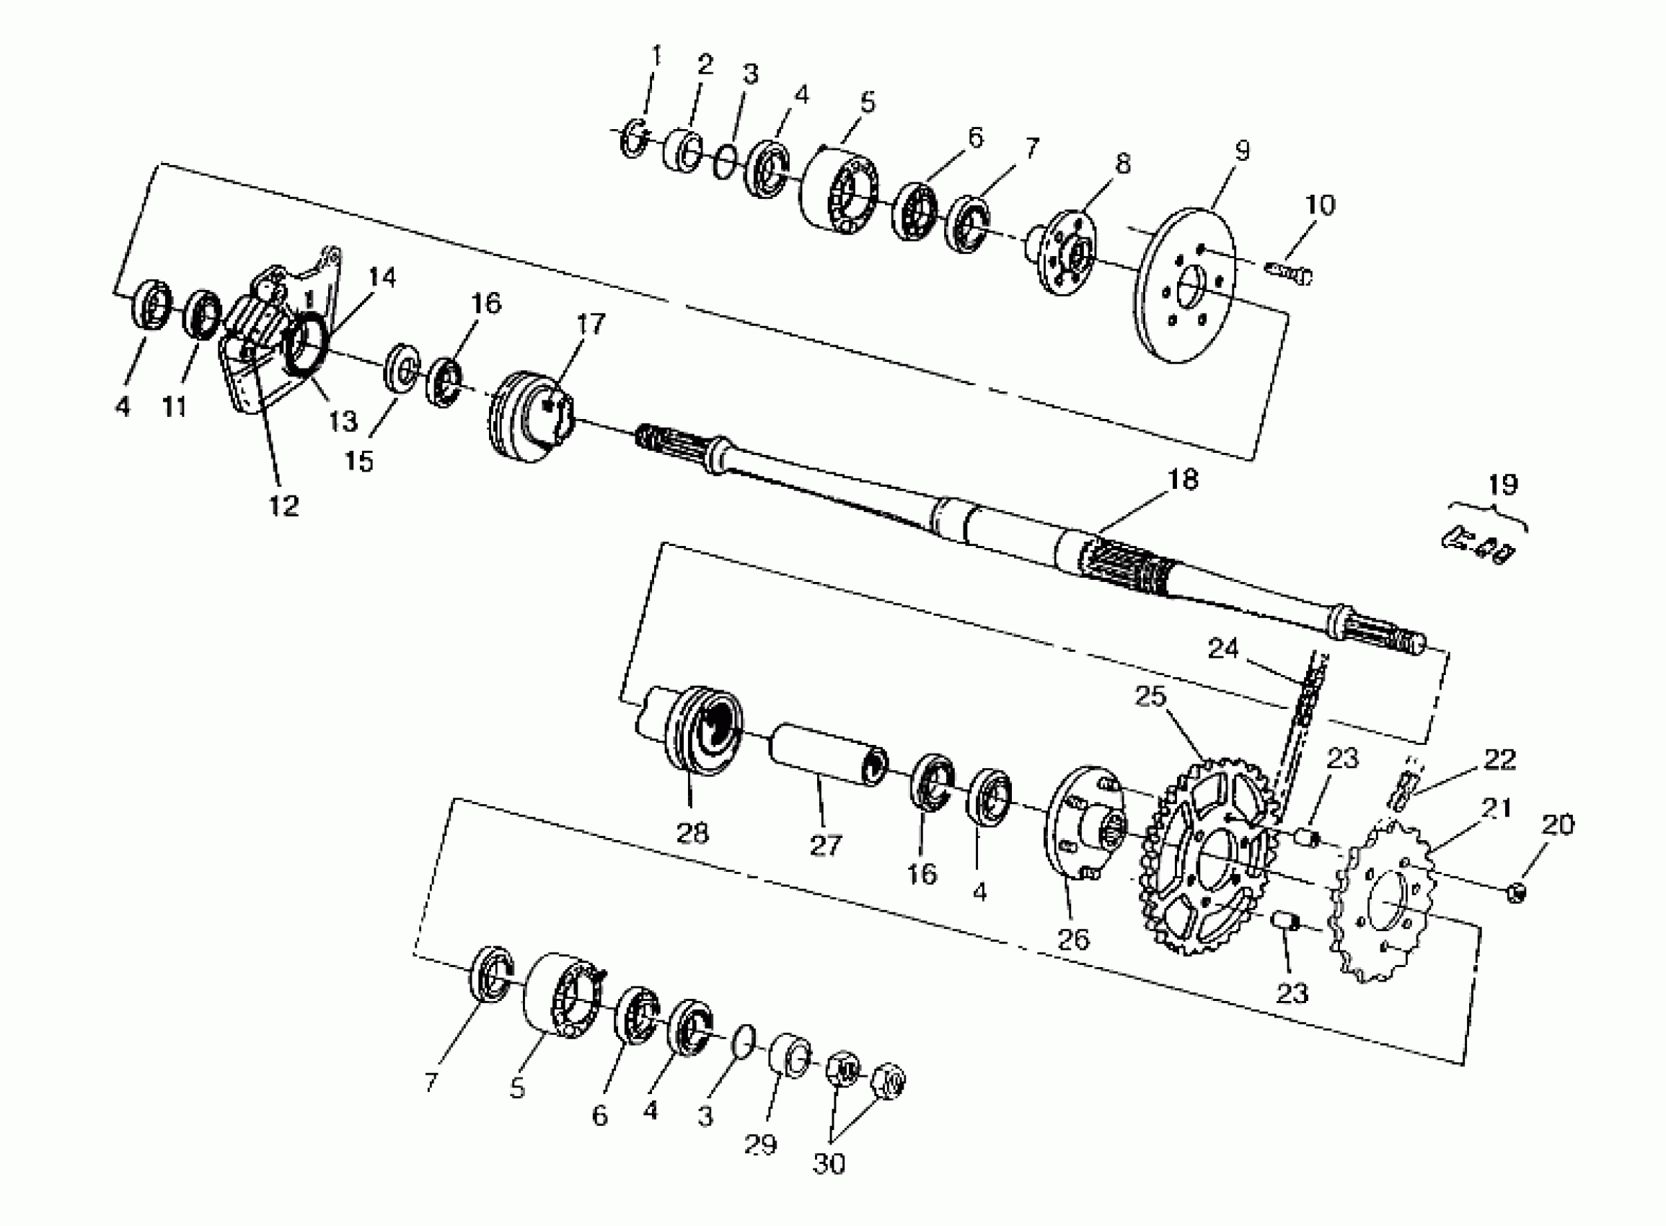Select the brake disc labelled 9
[1186, 286]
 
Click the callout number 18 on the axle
[1183, 480]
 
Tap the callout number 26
[1073, 940]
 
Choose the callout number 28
[692, 833]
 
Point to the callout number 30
[829, 1163]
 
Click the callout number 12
[283, 506]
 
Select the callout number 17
[591, 325]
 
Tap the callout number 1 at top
[656, 55]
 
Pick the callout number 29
[761, 1145]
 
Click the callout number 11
[175, 407]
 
